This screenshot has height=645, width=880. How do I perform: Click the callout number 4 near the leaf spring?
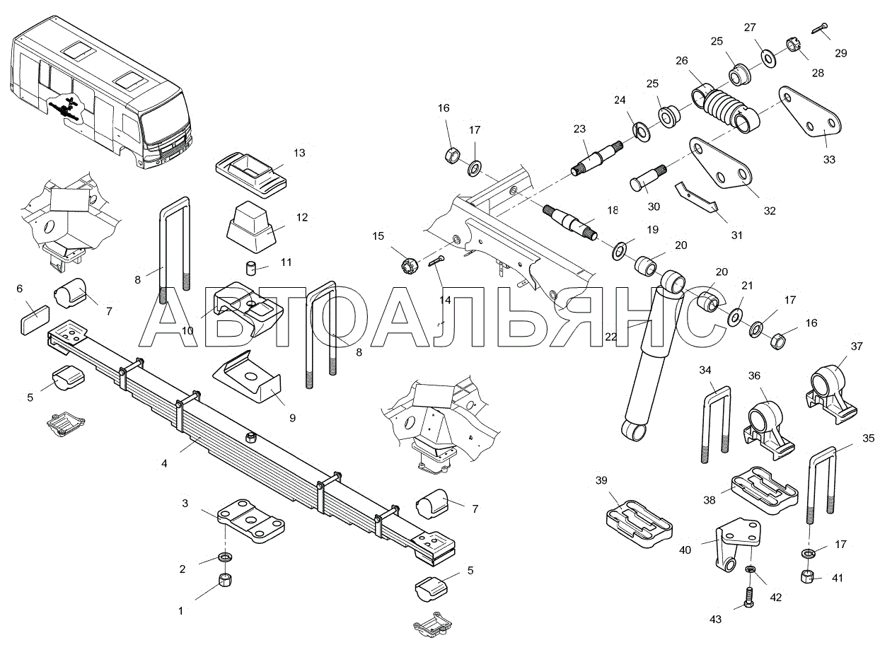point(164,463)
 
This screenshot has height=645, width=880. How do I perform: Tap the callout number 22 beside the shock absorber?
point(611,337)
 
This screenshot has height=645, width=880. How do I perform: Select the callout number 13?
point(299,153)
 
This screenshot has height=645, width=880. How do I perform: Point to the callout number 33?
point(829,160)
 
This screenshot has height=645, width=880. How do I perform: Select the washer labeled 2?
point(225,557)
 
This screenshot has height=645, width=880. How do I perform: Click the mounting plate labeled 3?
point(251,521)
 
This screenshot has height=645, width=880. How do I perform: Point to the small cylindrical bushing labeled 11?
point(250,268)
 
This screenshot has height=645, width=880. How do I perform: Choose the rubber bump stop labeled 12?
point(251,226)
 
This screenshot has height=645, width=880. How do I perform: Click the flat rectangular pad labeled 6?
point(35,320)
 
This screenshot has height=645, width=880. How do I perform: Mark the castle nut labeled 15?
point(409,265)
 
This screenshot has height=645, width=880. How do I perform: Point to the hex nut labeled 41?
point(806,577)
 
